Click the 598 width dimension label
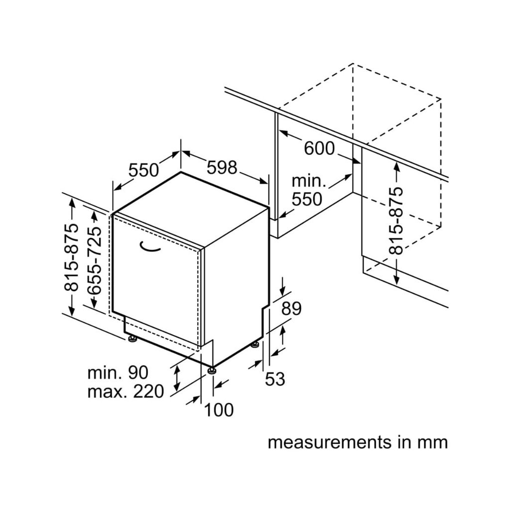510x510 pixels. [x=222, y=167]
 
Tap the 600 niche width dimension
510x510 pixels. [x=319, y=148]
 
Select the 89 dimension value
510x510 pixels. [x=291, y=309]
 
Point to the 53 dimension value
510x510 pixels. [x=274, y=379]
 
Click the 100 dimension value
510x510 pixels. [x=219, y=410]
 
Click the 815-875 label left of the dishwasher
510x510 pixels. [x=71, y=257]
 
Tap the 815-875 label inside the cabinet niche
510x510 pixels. [x=396, y=221]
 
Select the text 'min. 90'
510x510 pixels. [x=118, y=372]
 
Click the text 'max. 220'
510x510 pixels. [x=125, y=391]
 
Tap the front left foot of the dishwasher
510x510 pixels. [x=132, y=339]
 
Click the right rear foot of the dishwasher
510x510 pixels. [x=255, y=344]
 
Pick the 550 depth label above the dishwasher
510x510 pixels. [x=143, y=170]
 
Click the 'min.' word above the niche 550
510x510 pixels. [x=309, y=181]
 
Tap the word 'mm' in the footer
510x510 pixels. [x=433, y=442]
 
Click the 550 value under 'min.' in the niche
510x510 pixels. [x=307, y=199]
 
